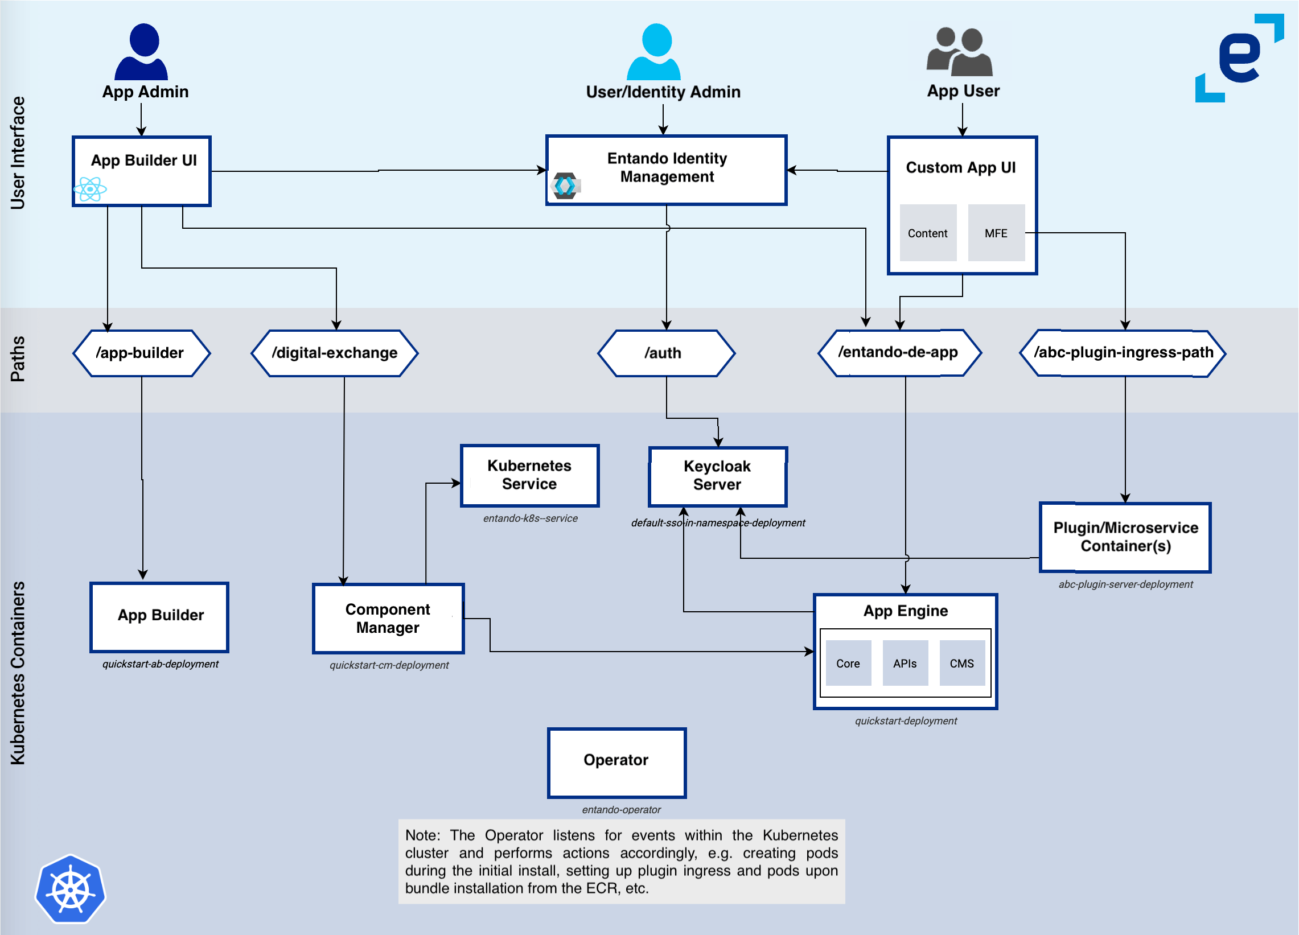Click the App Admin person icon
coord(142,52)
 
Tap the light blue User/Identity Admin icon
coord(654,52)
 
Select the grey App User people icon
coord(960,52)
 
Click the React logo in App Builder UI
coord(90,189)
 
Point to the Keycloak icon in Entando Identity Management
coord(565,186)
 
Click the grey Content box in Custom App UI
coord(928,233)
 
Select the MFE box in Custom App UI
coord(996,233)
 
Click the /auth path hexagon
coord(665,353)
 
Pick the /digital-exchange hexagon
coord(335,353)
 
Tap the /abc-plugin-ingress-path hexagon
coord(1123,353)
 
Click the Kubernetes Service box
coord(530,475)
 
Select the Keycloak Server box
coord(717,476)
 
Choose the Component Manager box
coord(388,619)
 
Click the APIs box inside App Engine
coord(905,663)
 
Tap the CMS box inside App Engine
coord(961,663)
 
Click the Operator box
coord(616,762)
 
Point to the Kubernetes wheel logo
coord(71,889)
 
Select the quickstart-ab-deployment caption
coord(161,664)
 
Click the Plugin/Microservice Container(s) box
coord(1125,537)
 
